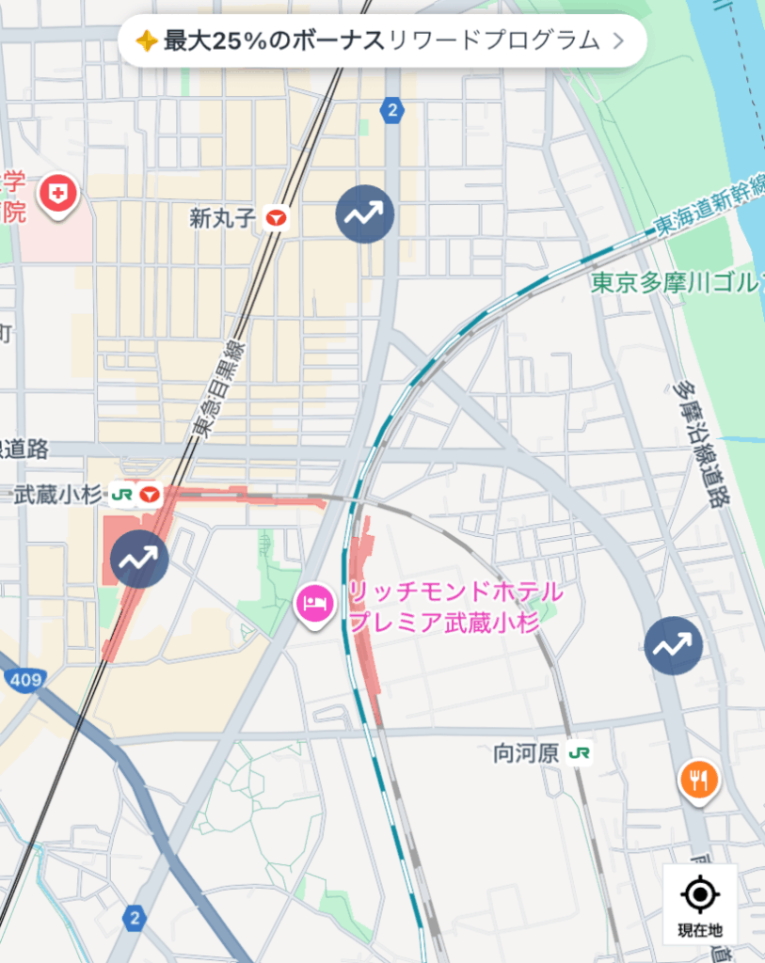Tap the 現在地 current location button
tap(700, 904)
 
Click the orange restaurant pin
tap(698, 780)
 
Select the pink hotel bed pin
tap(313, 601)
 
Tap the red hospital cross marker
tap(58, 195)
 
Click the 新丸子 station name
tap(222, 219)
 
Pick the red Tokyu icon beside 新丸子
tap(276, 219)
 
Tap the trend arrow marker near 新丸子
tap(364, 214)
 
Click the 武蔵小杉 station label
tap(57, 495)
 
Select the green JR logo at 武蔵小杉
tap(121, 495)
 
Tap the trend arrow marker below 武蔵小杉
tap(139, 560)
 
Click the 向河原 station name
tap(526, 753)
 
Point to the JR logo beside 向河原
tap(580, 753)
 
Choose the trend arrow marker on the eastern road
tap(673, 645)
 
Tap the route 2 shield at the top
tap(391, 111)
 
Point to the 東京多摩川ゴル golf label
tap(676, 283)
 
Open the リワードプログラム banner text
tap(493, 40)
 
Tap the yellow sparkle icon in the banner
tap(146, 40)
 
